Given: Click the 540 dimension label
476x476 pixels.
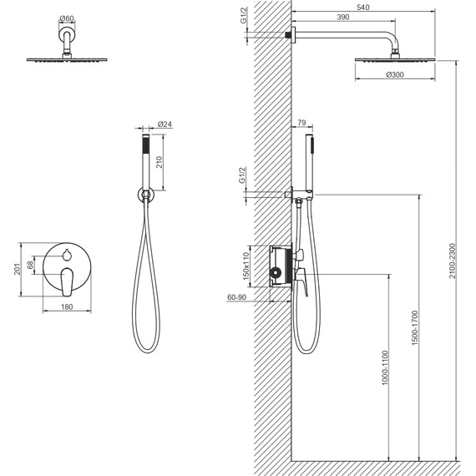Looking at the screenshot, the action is point(362,7).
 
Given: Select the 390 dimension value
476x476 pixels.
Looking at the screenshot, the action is point(343,18).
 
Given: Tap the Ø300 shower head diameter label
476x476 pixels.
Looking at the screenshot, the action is point(395,74).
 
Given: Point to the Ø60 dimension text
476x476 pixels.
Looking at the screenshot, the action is point(67,19).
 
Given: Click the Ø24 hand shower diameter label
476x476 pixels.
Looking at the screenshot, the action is point(165,124).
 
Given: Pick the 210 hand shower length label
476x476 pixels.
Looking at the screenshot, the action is point(160,162).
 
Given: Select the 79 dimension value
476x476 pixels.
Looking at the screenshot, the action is point(301,123).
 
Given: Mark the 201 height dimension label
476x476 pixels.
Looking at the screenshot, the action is point(17,269).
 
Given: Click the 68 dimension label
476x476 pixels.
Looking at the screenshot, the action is point(30,265).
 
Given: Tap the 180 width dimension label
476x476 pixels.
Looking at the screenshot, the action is point(67,307).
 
